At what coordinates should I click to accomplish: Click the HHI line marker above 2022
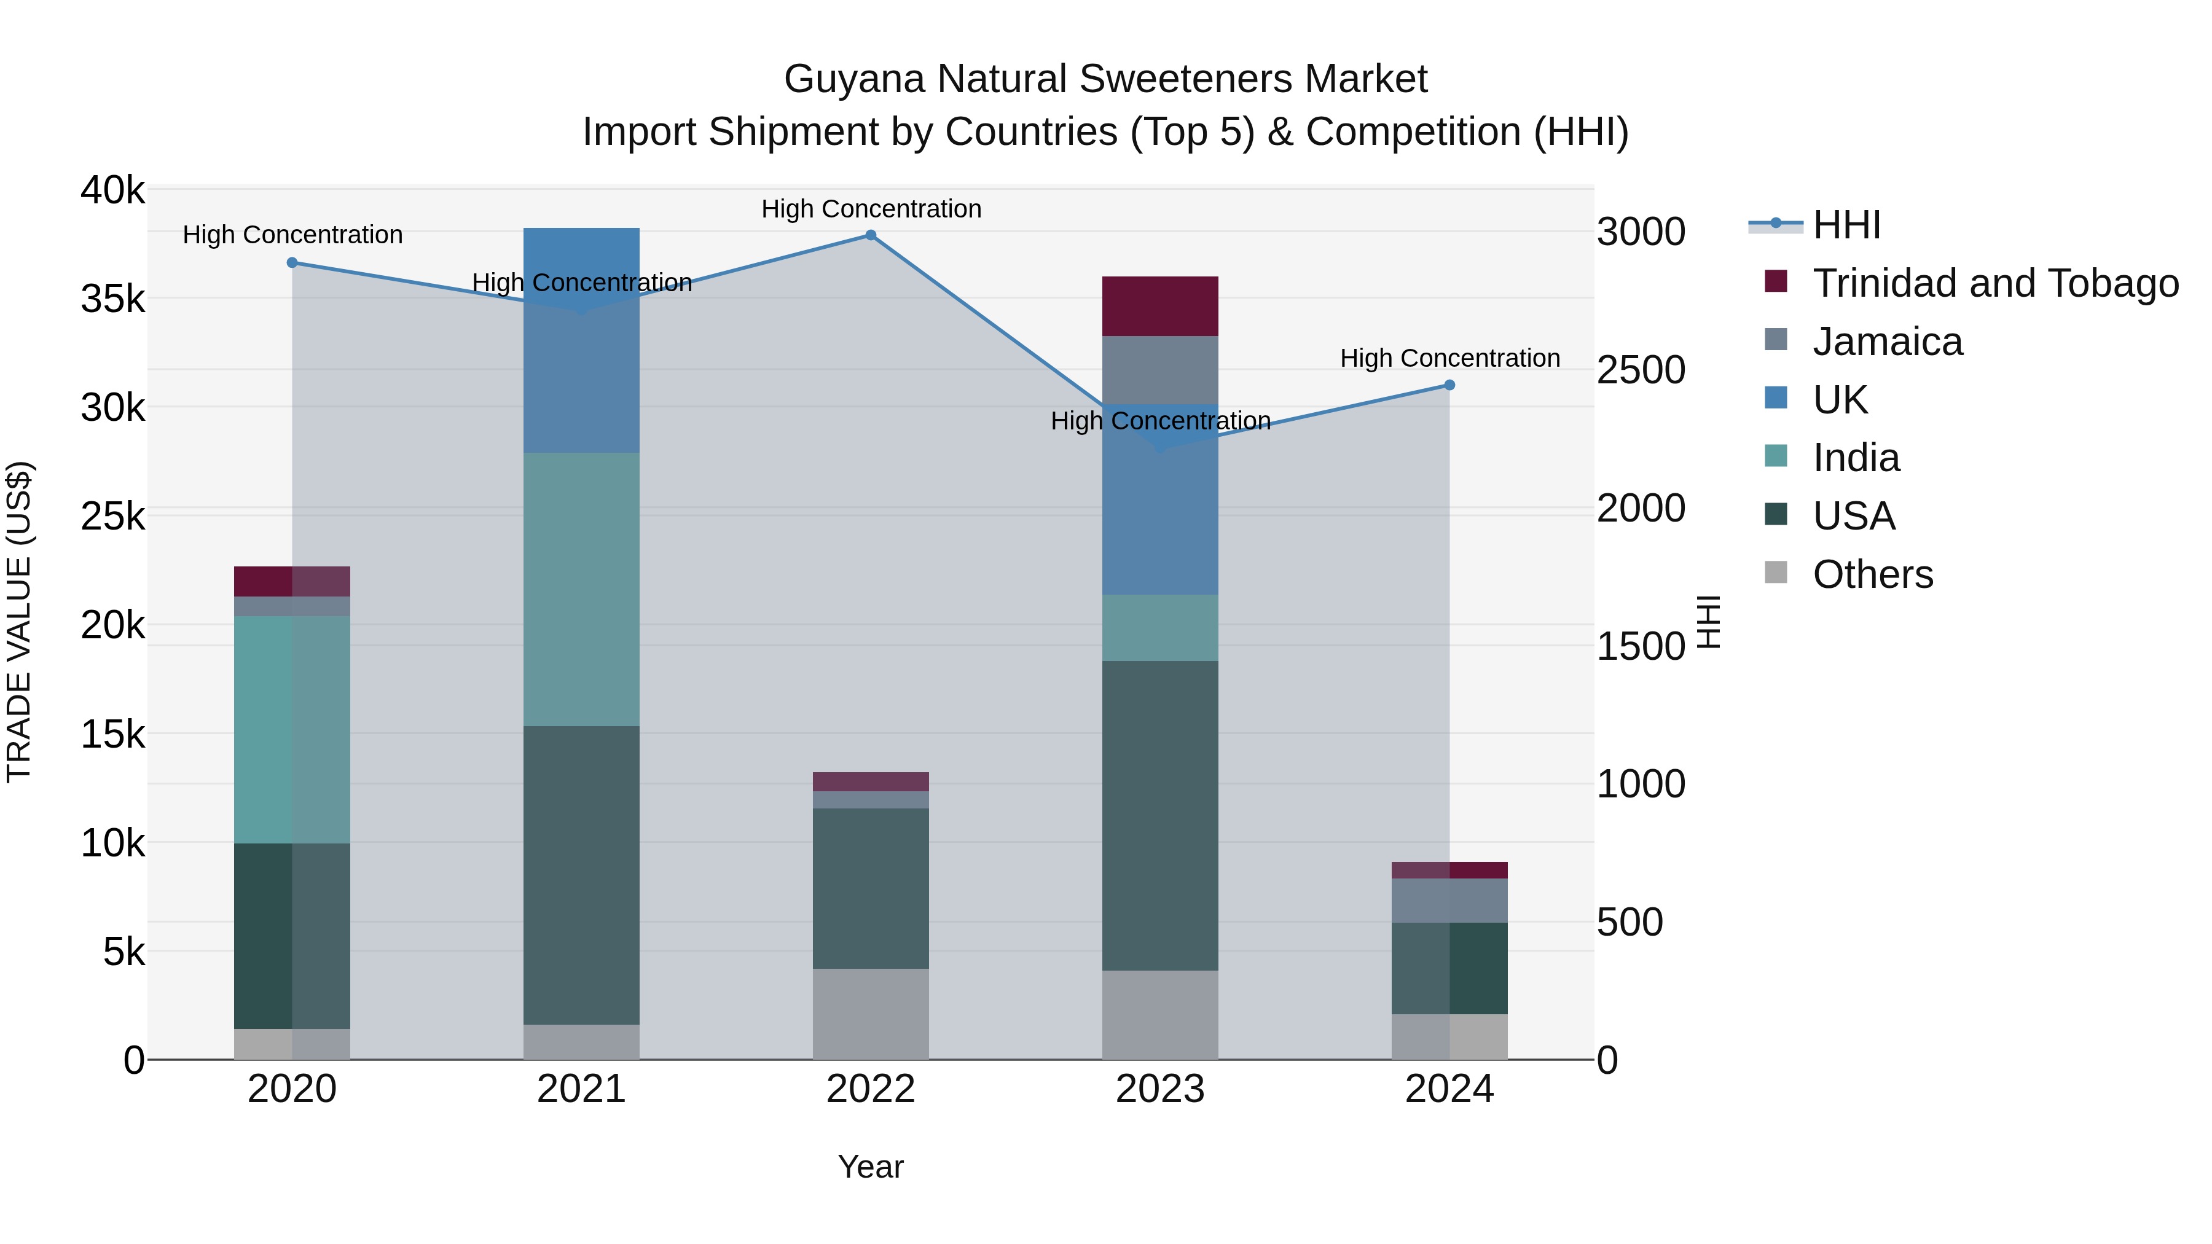(871, 235)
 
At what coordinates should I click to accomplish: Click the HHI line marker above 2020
(292, 263)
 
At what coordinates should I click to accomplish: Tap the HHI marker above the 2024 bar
(1449, 385)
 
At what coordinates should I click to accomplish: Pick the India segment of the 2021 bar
(581, 589)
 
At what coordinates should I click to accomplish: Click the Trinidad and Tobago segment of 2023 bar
(1160, 306)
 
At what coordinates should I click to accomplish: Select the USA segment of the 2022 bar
(871, 888)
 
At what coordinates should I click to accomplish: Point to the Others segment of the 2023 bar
(1160, 1015)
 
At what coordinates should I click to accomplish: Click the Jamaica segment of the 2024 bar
(1449, 901)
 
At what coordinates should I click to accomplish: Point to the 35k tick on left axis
(112, 300)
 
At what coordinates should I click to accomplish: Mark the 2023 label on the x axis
(1160, 1089)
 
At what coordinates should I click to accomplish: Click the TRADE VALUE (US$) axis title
(19, 622)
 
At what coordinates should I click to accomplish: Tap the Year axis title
(871, 1167)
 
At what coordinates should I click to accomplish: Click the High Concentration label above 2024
(1449, 358)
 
